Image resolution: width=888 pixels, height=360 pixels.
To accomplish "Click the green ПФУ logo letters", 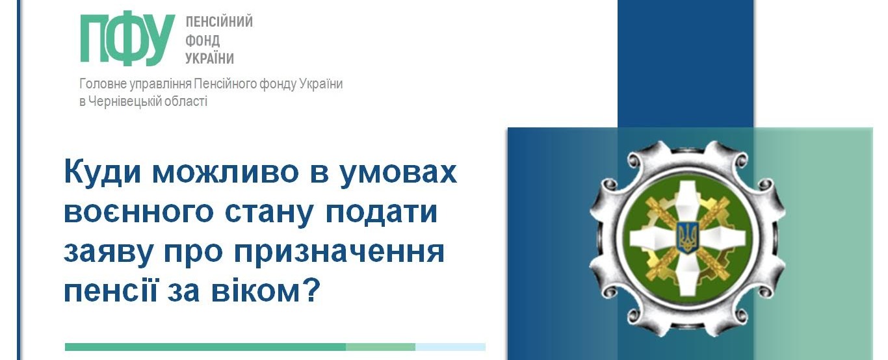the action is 127,40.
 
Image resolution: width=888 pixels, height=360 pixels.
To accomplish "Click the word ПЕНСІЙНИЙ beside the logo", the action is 219,21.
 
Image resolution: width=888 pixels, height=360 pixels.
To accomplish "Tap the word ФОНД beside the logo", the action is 203,40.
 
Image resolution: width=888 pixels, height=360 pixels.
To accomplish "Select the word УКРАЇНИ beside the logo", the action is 210,58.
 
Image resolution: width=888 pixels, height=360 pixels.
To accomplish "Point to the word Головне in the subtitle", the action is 103,84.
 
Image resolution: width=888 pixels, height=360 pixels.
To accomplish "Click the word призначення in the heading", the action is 339,253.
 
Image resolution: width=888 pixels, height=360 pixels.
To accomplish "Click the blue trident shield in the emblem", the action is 686,238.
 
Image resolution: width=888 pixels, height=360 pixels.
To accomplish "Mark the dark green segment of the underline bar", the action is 205,347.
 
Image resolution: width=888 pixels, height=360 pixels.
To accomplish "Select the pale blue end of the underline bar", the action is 451,347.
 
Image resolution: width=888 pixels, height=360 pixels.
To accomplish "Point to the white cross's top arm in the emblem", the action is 687,201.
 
